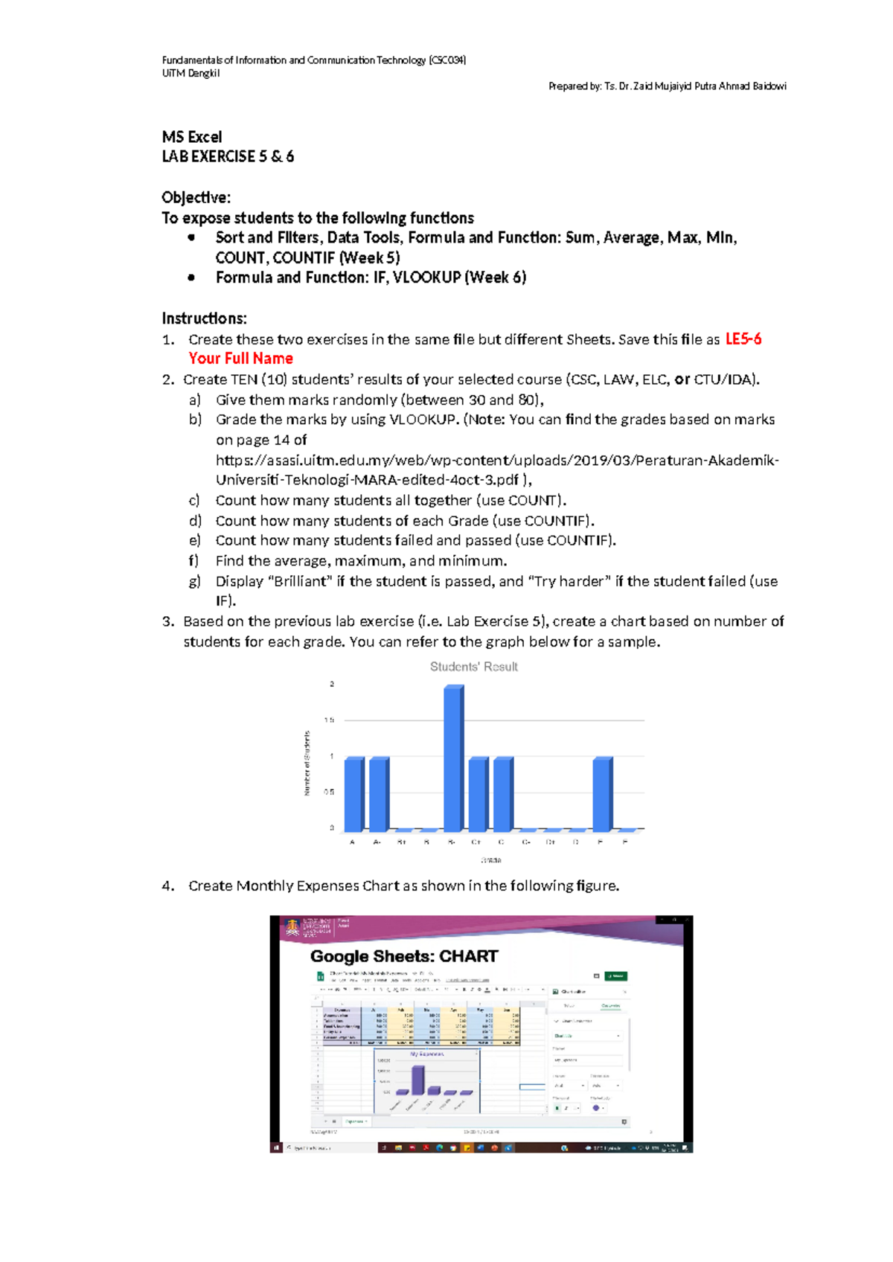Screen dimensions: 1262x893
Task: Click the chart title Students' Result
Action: click(473, 667)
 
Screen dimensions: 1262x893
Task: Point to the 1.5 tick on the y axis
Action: click(329, 720)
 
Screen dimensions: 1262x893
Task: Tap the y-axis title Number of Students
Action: click(307, 763)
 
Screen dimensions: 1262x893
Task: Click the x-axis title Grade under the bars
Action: click(491, 860)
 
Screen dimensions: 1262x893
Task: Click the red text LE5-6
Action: click(743, 339)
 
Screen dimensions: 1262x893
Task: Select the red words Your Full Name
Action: click(240, 359)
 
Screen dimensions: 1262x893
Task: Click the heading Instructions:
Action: click(204, 318)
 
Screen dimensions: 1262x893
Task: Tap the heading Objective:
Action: click(196, 198)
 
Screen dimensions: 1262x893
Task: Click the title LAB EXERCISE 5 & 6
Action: click(228, 157)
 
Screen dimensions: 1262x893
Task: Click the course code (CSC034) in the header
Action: click(447, 60)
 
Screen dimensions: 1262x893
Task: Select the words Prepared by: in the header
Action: click(574, 86)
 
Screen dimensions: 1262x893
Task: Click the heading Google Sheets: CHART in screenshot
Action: click(404, 957)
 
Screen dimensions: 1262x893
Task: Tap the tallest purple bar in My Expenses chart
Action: click(418, 1080)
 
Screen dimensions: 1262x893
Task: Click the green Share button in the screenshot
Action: click(615, 976)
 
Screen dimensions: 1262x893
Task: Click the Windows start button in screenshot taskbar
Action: click(276, 1148)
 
